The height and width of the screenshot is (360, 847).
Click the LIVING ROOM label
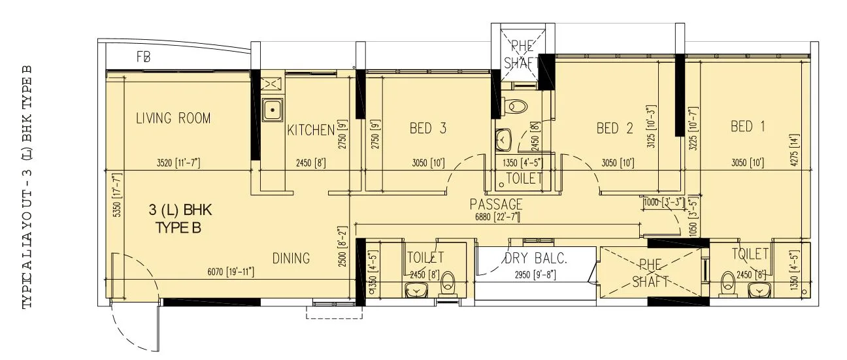tap(173, 118)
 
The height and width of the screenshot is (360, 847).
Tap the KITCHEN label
tap(310, 130)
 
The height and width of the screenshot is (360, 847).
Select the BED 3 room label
tap(428, 128)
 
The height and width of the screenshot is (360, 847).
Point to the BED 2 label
tap(615, 128)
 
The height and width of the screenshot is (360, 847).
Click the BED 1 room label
tap(748, 126)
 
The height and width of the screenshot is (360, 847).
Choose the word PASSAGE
tap(496, 205)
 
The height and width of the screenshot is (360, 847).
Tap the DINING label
tap(291, 258)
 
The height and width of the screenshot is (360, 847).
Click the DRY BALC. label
tap(535, 258)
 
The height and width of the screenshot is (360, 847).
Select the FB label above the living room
tap(144, 57)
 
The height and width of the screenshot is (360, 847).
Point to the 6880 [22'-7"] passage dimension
tap(496, 217)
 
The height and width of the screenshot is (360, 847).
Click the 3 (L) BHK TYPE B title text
tap(177, 219)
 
